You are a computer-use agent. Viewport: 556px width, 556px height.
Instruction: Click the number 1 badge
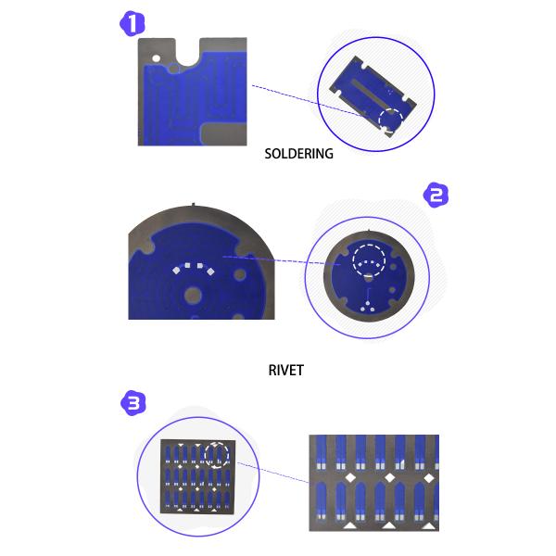coord(132,23)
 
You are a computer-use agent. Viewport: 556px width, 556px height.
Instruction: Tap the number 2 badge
coord(436,195)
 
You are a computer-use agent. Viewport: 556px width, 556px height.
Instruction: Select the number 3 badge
coord(133,403)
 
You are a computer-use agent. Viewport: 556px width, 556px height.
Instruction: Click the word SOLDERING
coord(299,154)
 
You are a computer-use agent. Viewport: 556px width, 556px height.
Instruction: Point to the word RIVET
coord(286,370)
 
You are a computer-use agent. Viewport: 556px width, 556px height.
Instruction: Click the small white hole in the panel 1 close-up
coord(156,58)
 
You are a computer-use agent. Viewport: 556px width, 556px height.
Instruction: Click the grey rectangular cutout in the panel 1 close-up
coord(224,134)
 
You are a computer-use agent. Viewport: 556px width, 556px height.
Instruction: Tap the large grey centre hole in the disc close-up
coord(193,295)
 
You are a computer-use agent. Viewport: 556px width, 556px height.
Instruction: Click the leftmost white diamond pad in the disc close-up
coord(176,271)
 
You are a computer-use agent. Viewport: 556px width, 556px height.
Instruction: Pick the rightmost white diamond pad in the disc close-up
coord(210,272)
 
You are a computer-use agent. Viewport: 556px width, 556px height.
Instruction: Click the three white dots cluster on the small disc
coord(367,307)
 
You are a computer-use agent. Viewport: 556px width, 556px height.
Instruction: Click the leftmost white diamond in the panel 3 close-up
coord(350,477)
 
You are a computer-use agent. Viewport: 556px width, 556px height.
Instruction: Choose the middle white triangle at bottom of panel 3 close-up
coord(389,525)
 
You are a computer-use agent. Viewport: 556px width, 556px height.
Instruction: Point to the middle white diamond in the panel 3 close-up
coord(390,477)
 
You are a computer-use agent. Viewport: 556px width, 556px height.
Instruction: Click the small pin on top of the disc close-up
coord(194,204)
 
